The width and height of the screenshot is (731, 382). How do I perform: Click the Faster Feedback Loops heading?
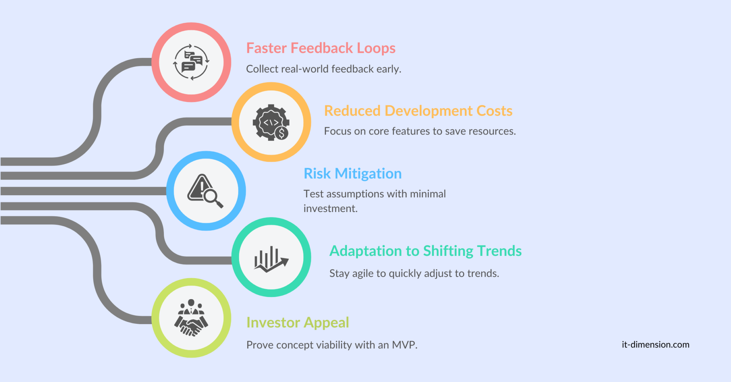tap(321, 48)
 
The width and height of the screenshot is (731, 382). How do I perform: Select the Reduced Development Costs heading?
tap(418, 111)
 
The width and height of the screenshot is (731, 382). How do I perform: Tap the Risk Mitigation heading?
tap(352, 174)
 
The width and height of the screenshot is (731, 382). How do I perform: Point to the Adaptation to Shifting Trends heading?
tap(425, 251)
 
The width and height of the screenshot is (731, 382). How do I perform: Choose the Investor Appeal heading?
tap(297, 323)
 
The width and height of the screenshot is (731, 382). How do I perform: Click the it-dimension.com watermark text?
tap(655, 345)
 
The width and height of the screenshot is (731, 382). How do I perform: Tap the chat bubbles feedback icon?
tap(191, 62)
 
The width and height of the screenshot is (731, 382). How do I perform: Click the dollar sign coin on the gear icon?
tap(282, 133)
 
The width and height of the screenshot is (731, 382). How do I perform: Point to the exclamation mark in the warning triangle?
tap(202, 187)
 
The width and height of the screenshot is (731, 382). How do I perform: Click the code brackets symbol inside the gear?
tap(271, 122)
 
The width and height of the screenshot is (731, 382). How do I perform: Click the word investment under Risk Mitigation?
tap(330, 208)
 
